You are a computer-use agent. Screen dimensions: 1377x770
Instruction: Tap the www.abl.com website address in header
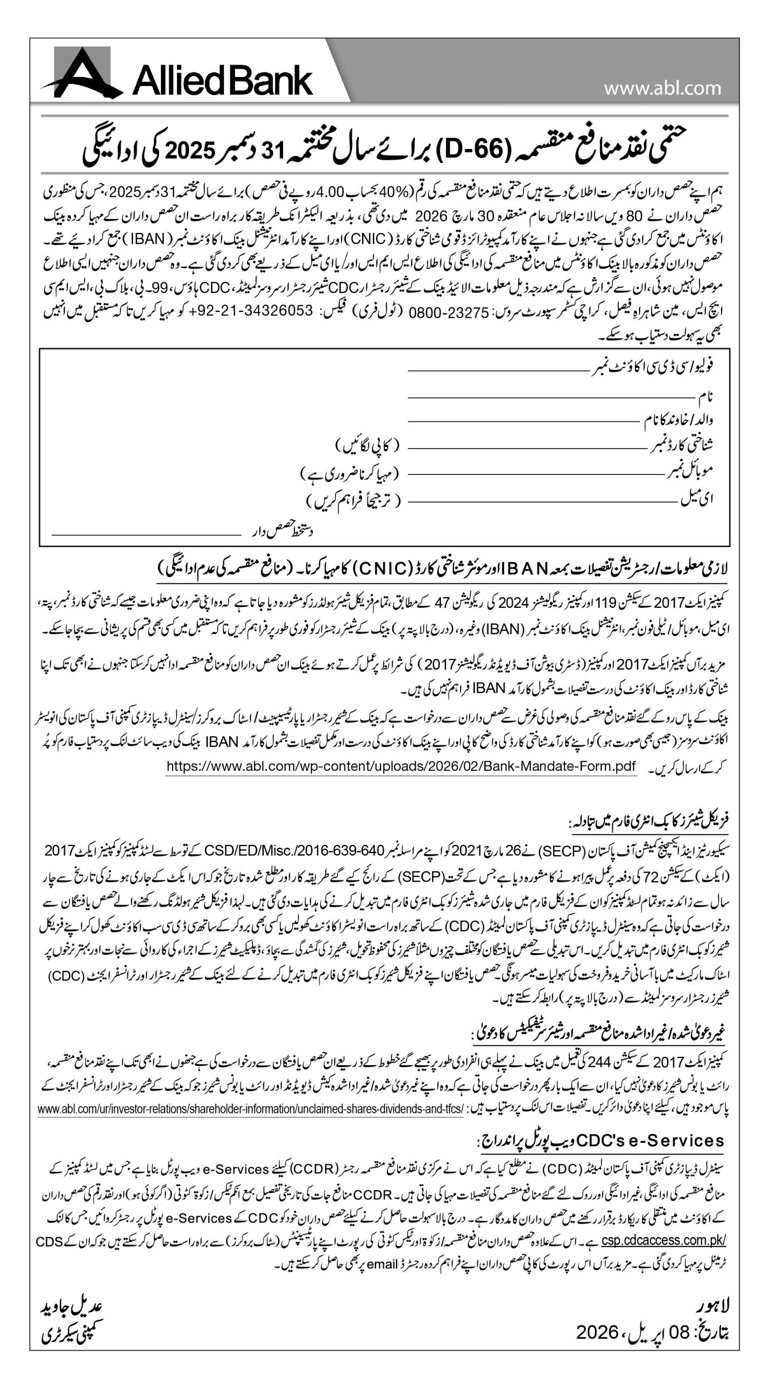coord(662,87)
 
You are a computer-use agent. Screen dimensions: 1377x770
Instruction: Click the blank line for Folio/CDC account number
coord(497,370)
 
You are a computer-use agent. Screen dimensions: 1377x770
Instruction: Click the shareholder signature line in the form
coord(145,534)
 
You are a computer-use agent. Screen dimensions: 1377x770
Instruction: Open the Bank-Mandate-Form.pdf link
coord(401,766)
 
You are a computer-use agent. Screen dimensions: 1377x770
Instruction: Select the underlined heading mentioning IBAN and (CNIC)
coord(441,568)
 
